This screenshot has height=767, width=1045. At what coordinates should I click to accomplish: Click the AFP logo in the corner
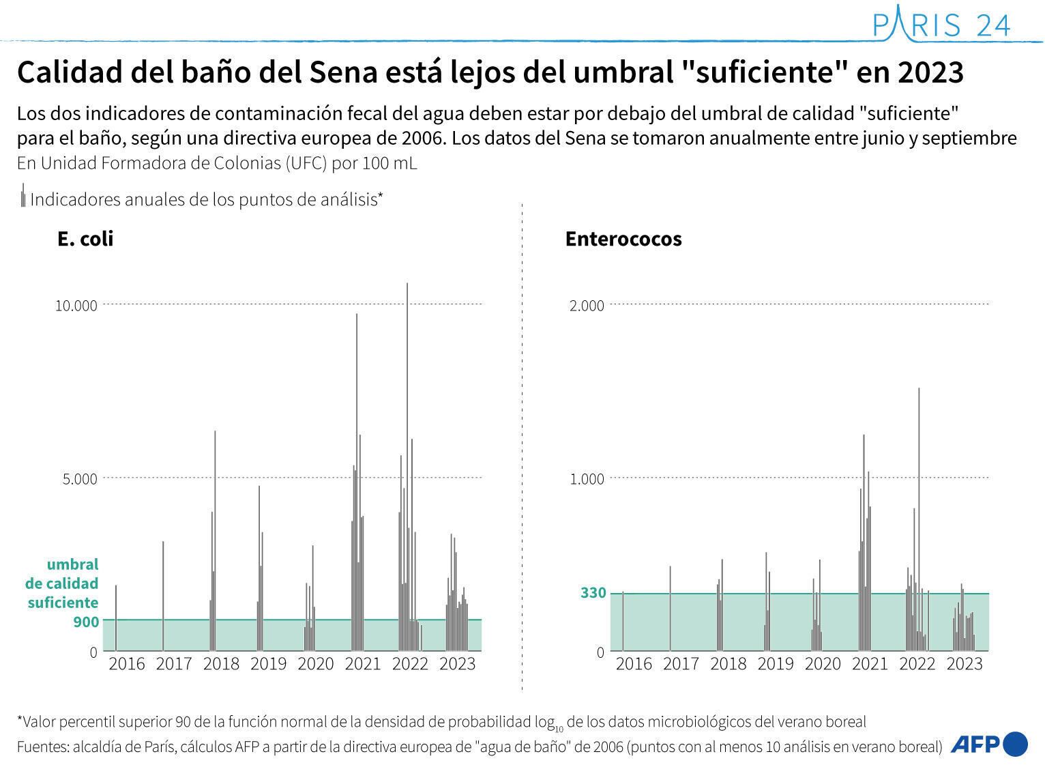[988, 744]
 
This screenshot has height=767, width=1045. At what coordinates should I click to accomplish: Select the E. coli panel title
[85, 239]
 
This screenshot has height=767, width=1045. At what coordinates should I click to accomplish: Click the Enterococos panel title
[623, 239]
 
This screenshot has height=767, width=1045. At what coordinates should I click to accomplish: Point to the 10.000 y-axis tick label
[76, 305]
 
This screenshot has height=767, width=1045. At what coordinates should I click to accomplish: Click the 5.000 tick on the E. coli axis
[80, 479]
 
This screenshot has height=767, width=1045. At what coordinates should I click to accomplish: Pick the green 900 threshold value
[86, 622]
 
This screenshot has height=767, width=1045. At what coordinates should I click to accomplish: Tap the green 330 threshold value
[593, 593]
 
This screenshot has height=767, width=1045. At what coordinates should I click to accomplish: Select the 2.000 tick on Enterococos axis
[587, 305]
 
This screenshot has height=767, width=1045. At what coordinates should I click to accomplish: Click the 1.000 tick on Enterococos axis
[587, 479]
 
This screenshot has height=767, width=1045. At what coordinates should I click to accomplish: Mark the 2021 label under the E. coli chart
[362, 664]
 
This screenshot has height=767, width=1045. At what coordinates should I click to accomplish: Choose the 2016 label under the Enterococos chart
[634, 664]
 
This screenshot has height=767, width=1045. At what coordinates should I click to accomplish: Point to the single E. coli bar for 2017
[163, 594]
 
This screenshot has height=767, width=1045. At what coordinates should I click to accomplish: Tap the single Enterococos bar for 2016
[623, 621]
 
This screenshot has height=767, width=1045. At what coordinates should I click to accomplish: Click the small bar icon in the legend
[23, 197]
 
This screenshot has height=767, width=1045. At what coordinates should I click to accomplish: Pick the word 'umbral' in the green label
[72, 564]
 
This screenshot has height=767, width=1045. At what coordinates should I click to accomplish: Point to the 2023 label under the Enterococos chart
[964, 664]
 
